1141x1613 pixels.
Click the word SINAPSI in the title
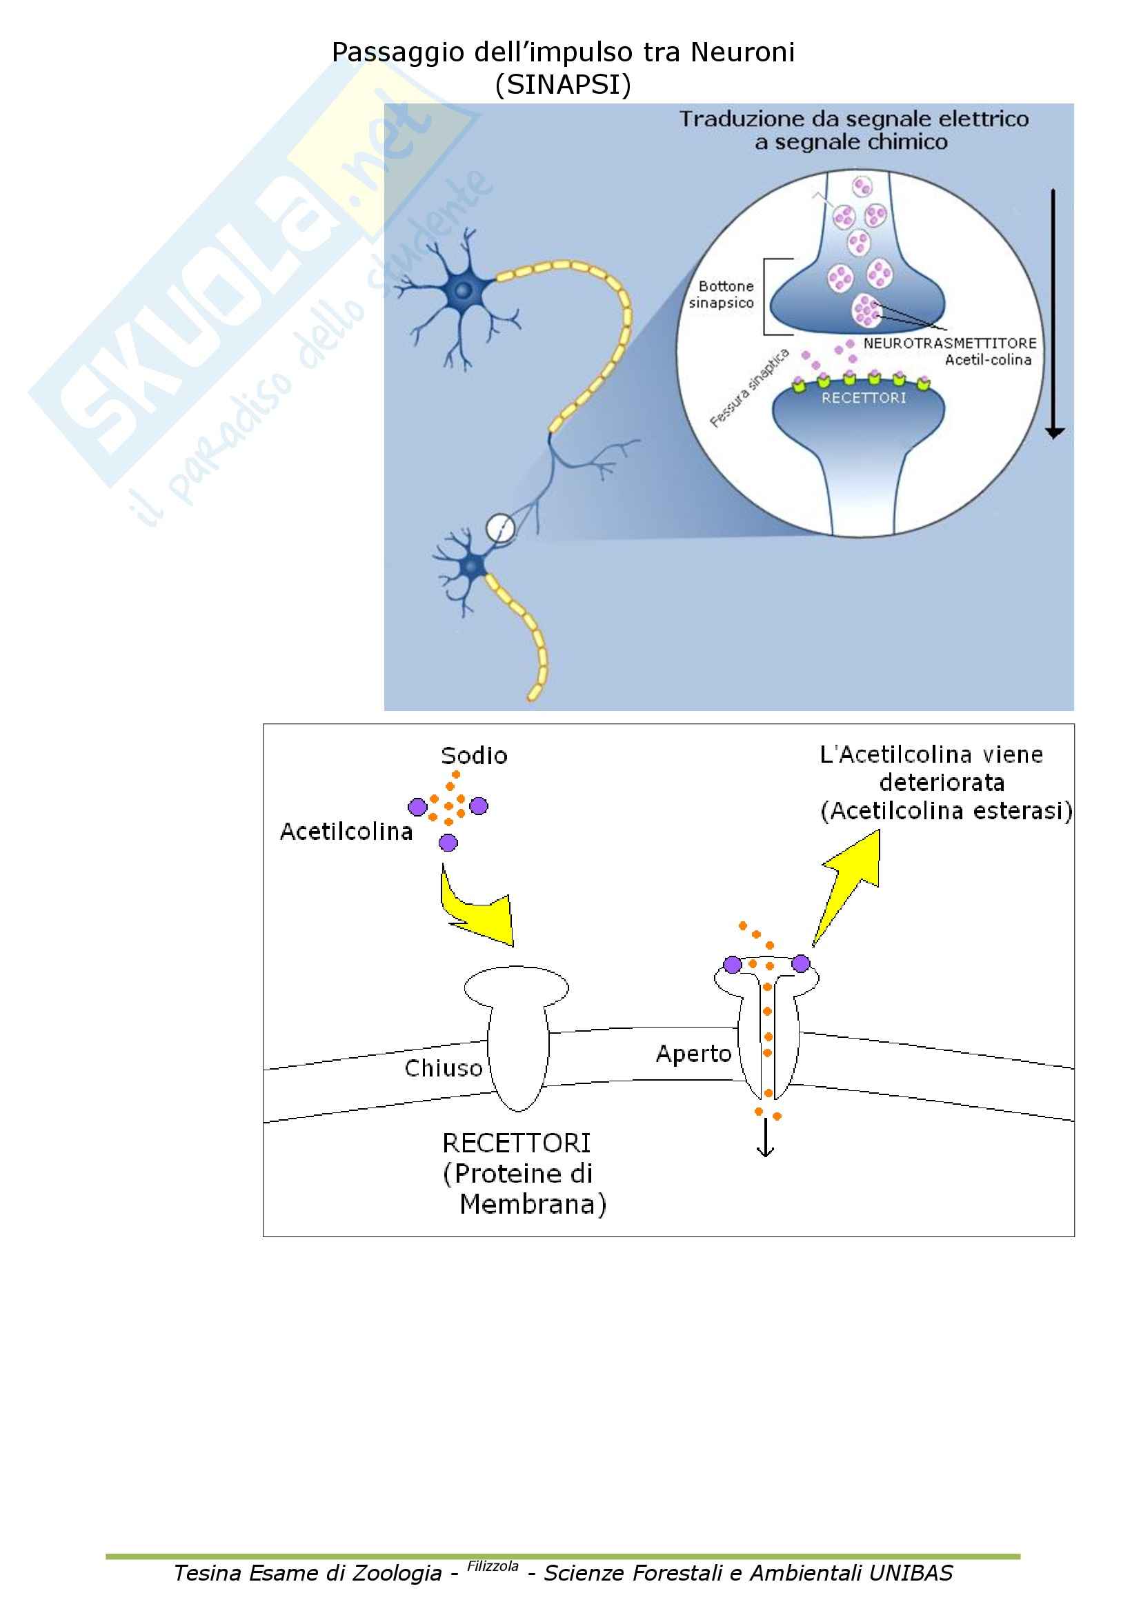[563, 85]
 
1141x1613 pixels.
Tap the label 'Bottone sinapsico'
[722, 294]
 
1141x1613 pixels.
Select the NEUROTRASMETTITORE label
[949, 343]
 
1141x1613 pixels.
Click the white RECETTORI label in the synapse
[864, 398]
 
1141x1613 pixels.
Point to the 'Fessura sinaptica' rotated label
[749, 388]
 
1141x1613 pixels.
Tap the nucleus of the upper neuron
[462, 290]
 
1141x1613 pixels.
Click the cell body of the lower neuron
[472, 565]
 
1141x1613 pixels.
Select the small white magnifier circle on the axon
[500, 527]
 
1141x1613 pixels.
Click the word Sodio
[473, 756]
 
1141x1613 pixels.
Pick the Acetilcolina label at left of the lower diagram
[346, 832]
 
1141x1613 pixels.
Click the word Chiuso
[444, 1068]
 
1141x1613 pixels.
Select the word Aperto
[693, 1054]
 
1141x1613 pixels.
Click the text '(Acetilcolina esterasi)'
[946, 812]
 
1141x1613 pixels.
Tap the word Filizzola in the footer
[493, 1566]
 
